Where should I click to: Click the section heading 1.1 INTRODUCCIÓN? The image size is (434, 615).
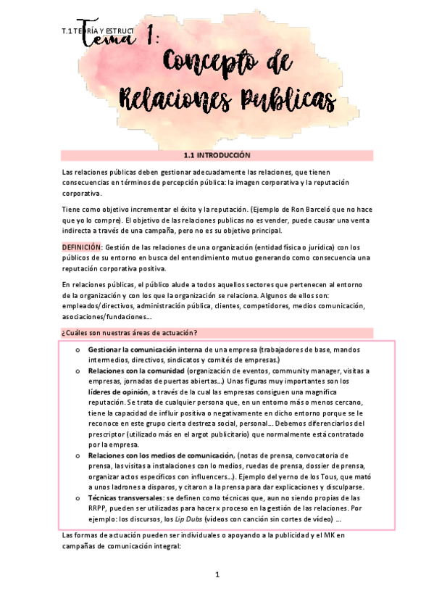coord(217,155)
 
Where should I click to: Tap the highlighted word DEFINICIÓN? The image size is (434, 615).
coord(83,247)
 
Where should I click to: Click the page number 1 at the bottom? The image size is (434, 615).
coord(217,576)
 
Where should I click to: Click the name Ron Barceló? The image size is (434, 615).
coord(312,210)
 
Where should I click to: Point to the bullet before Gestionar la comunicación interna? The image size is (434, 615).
coord(77,350)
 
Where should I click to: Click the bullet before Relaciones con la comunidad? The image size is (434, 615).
coord(77,371)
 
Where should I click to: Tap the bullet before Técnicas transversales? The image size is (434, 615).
coord(77,499)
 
